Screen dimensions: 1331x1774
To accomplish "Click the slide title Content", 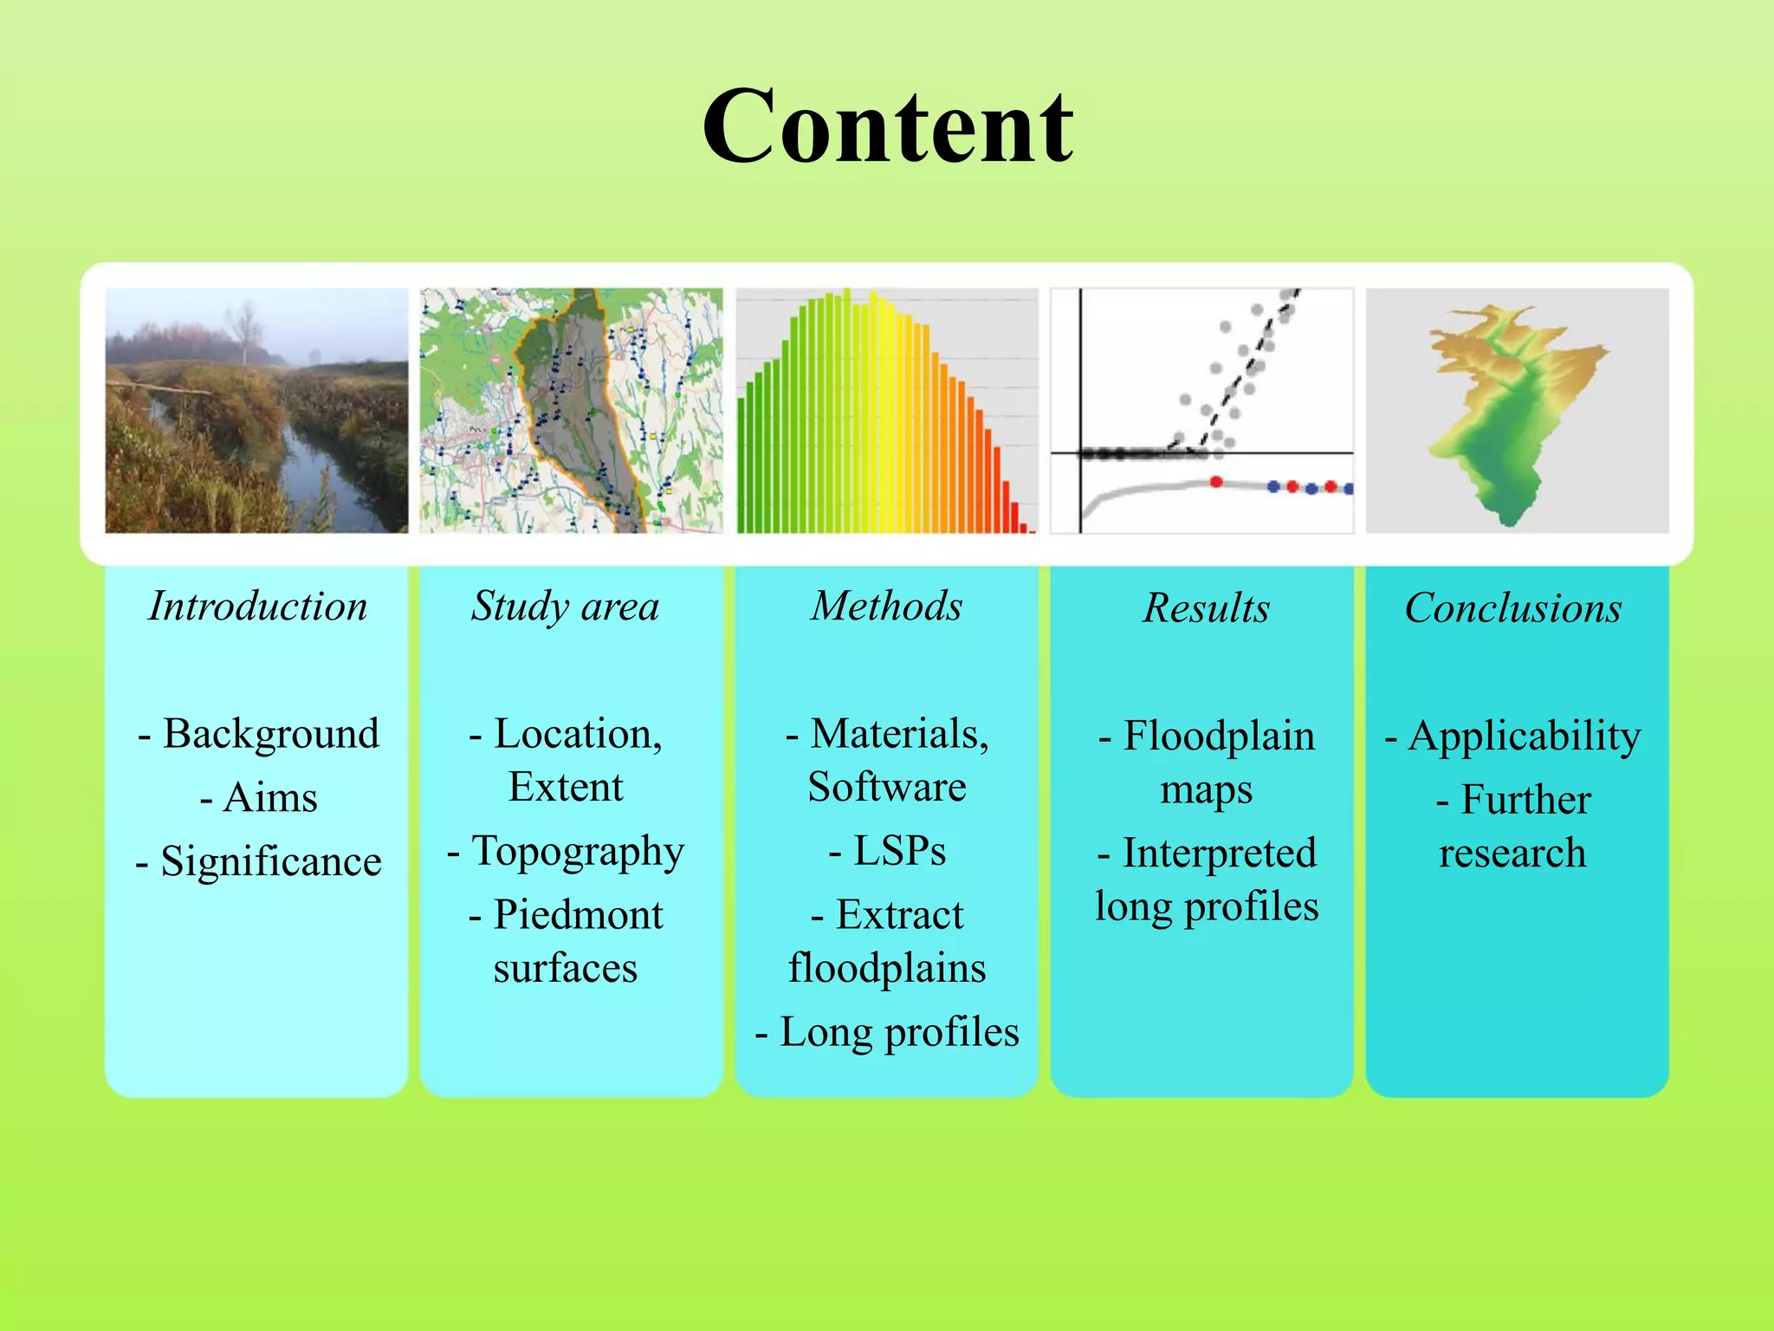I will [887, 127].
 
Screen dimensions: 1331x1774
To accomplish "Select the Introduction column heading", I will [257, 606].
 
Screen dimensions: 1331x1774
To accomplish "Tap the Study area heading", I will [565, 606].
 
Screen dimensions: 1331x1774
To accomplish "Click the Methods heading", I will [886, 606].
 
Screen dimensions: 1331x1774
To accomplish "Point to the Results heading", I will [1206, 607].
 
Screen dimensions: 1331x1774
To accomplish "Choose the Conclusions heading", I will [1512, 607].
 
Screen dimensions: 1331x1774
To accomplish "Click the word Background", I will [270, 734].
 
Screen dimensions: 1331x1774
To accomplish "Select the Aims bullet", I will [269, 797].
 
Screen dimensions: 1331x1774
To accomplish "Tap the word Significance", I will [270, 861].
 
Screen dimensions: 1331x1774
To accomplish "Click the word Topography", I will [578, 852].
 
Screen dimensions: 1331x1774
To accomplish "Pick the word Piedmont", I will [578, 915].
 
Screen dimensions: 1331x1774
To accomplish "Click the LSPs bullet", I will [899, 851].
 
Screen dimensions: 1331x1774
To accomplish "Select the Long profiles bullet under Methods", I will [899, 1032].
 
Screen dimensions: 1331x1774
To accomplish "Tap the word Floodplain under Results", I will [1219, 737].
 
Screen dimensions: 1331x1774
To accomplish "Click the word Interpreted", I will [1219, 854].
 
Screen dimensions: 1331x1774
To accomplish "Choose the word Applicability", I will [1525, 737].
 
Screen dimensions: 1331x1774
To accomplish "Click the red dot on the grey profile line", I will [1216, 482].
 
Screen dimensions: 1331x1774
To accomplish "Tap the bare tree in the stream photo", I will [246, 330].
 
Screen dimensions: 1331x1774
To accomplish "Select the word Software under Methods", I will [886, 788].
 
